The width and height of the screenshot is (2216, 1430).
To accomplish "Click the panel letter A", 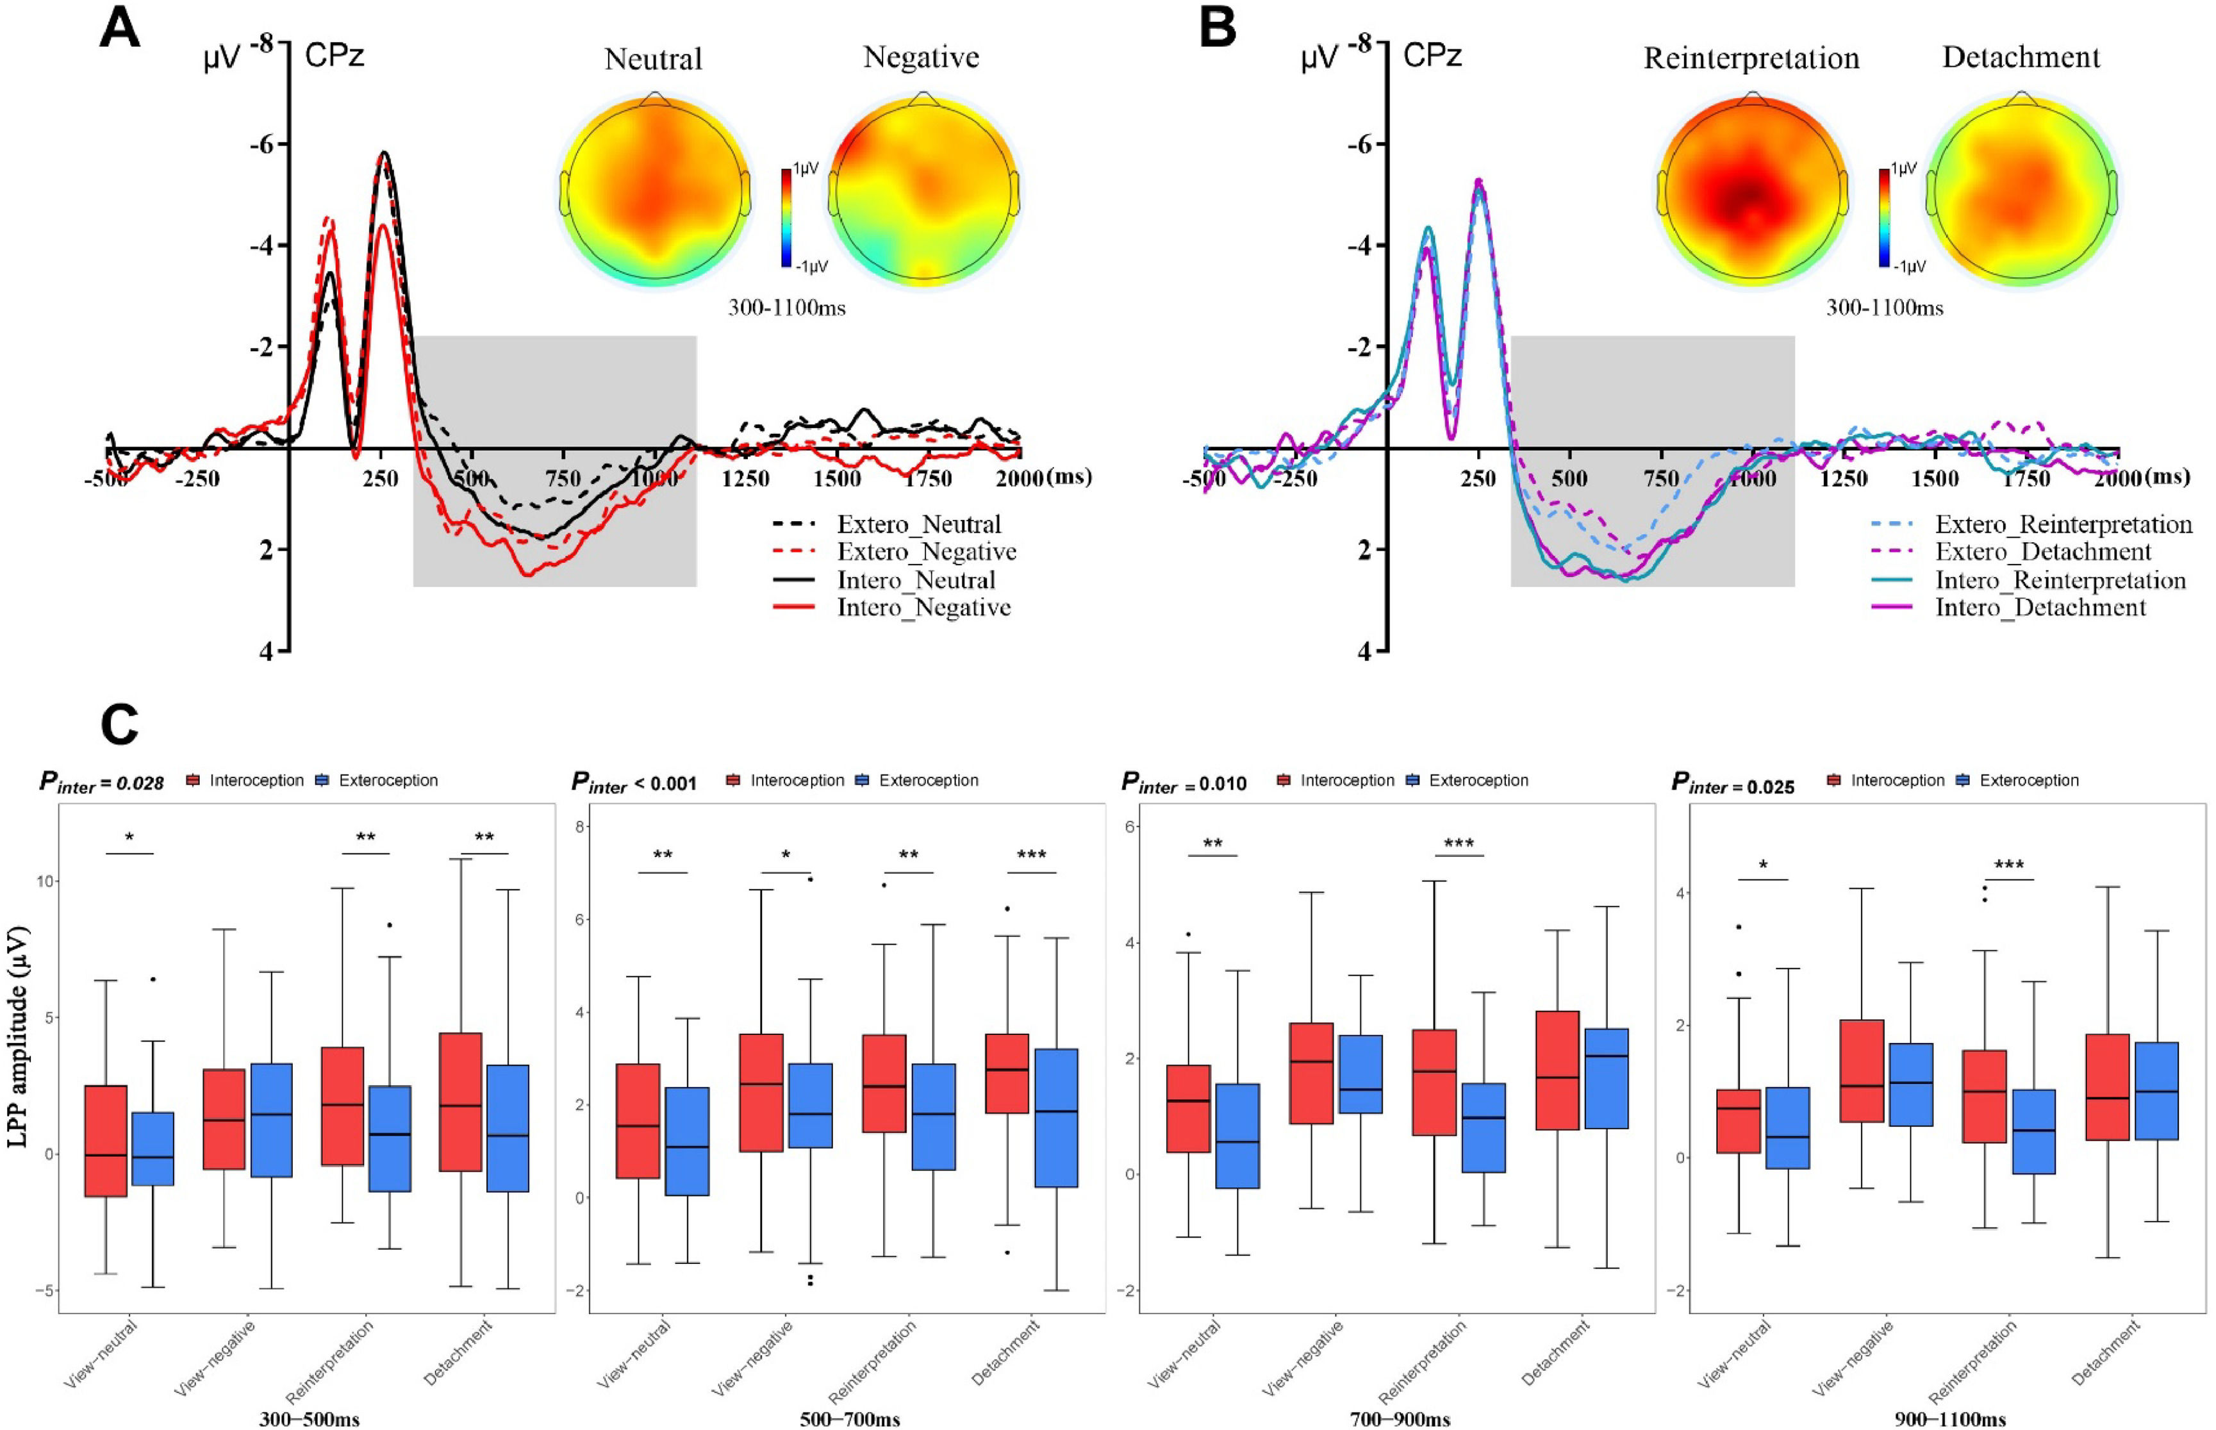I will tap(120, 29).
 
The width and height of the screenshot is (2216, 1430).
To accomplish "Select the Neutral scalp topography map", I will tap(654, 190).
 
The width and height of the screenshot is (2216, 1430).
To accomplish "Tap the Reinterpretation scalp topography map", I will tap(1752, 190).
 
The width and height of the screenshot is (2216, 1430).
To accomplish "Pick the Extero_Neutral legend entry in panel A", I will tap(918, 525).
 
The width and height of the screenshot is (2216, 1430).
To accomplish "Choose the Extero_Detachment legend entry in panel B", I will tap(2042, 553).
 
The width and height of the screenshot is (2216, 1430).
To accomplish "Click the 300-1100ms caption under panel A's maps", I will tap(786, 308).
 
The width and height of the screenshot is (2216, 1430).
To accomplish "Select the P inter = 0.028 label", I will tap(101, 782).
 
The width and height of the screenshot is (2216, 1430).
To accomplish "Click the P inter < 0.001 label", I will tap(633, 783).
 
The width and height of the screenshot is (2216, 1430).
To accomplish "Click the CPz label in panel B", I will tap(1432, 56).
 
